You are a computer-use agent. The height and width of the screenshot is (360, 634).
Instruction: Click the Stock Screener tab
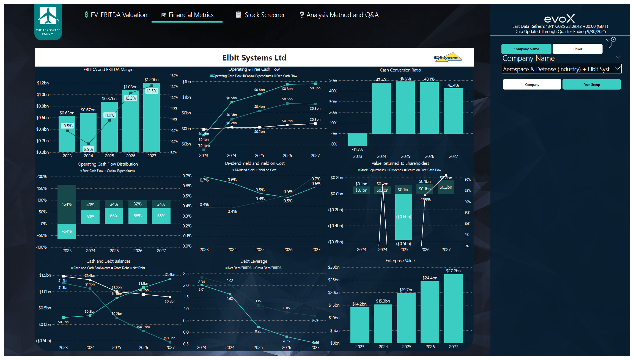(x=260, y=15)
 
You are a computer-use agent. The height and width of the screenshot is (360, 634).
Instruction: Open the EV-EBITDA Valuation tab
(x=116, y=15)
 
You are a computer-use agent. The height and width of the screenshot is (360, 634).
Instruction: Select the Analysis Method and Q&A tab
(x=339, y=15)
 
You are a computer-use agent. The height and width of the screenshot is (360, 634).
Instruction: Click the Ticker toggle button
(x=577, y=49)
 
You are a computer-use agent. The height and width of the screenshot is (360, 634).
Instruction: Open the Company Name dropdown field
(x=561, y=69)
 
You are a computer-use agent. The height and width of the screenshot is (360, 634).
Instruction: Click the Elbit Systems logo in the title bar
(x=447, y=57)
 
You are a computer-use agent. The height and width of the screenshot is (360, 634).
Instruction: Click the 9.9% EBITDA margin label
(x=88, y=149)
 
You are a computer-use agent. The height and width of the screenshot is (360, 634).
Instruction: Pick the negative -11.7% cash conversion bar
(x=357, y=140)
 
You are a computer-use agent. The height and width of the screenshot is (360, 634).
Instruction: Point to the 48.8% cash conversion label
(x=405, y=78)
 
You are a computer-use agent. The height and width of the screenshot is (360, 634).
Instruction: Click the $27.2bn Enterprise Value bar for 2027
(x=453, y=308)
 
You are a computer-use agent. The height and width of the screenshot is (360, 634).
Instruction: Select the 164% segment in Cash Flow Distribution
(x=67, y=204)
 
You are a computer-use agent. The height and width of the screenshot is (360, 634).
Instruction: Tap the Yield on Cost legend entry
(x=267, y=170)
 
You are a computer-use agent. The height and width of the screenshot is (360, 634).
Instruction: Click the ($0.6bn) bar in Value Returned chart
(x=404, y=217)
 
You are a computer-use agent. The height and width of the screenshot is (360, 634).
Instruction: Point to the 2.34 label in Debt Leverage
(x=202, y=282)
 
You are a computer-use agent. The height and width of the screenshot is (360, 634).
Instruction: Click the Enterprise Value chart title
(x=400, y=261)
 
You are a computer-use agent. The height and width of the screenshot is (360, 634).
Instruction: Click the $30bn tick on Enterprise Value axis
(x=334, y=267)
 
